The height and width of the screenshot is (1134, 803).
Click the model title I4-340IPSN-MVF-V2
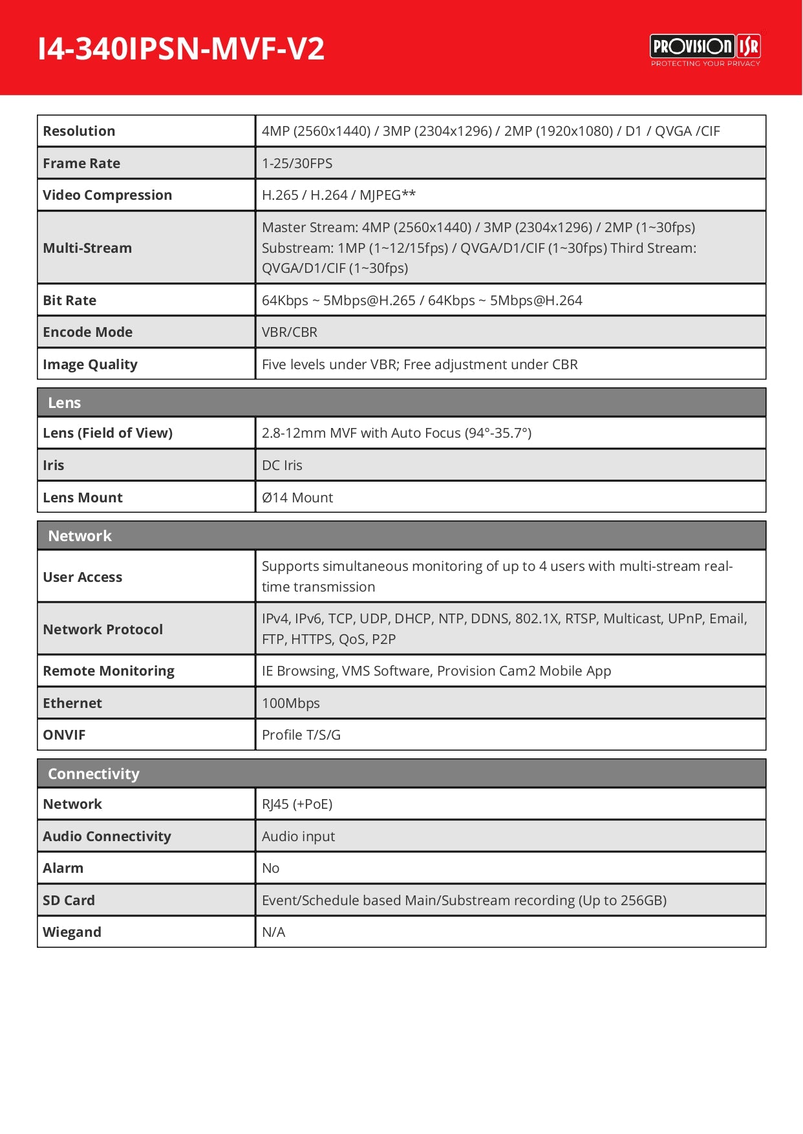181,49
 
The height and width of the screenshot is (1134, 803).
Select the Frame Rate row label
81,164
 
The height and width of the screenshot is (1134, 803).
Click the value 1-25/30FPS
297,164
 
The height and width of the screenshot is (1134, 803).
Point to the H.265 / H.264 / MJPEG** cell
339,195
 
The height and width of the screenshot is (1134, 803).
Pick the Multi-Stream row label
87,248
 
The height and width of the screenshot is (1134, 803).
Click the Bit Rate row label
70,301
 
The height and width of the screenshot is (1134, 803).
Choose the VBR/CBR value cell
290,332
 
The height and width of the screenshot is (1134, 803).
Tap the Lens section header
65,403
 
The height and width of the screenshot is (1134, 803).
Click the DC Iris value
282,465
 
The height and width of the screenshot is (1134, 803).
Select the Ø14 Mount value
297,498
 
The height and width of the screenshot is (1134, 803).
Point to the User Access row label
83,577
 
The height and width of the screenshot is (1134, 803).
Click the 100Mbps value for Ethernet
291,703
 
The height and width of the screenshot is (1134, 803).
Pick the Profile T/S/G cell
301,735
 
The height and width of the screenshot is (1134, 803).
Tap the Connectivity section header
94,774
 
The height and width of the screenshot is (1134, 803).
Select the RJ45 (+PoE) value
297,804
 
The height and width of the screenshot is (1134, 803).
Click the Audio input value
299,837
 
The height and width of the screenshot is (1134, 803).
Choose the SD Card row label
69,901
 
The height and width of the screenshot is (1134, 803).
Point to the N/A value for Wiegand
273,932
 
